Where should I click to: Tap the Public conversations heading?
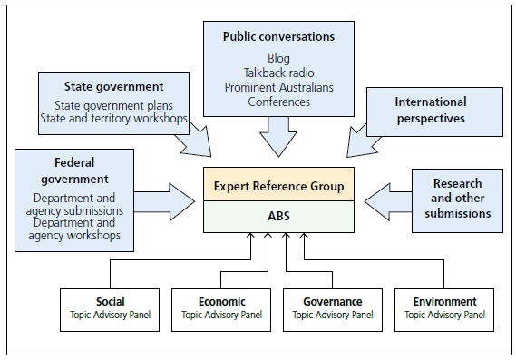click(277, 37)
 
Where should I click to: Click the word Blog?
click(278, 58)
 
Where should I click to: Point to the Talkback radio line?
click(278, 73)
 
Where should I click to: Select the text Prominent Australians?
click(278, 87)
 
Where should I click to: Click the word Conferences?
click(278, 102)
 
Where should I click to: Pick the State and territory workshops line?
click(112, 118)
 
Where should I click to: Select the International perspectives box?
click(431, 110)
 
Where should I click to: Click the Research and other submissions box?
click(458, 198)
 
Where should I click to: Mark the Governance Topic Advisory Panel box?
click(331, 308)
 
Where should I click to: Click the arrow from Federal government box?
click(168, 198)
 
